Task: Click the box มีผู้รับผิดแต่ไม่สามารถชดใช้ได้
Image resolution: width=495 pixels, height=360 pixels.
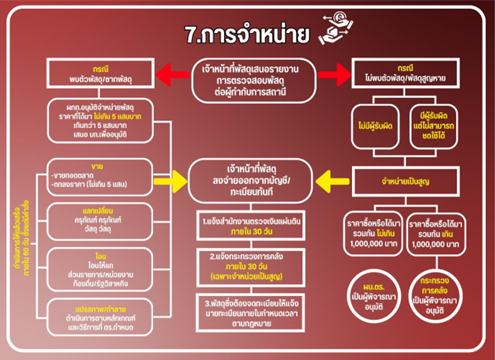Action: (438, 122)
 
